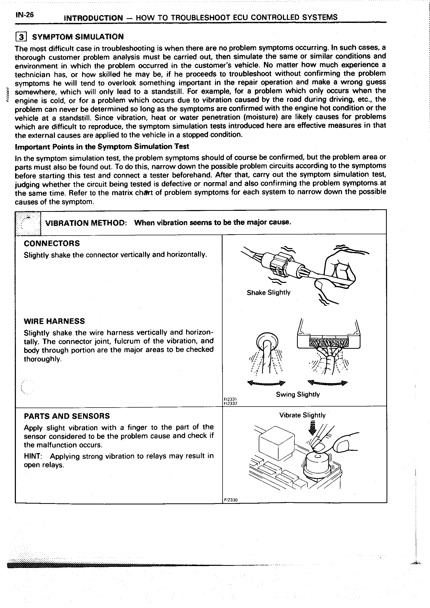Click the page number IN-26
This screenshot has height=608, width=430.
(24, 15)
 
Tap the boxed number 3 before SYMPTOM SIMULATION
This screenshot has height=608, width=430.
(21, 37)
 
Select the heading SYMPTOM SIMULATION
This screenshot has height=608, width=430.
(78, 36)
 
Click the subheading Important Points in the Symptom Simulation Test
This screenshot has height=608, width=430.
(102, 147)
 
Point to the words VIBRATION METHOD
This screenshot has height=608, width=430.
(86, 223)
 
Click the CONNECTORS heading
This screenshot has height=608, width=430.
(52, 243)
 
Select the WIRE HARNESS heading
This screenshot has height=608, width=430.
(54, 321)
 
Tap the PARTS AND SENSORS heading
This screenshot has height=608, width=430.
(67, 416)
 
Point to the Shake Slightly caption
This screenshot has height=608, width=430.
(268, 293)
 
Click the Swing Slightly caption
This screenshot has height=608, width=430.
(298, 394)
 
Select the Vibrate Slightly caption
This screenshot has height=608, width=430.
(302, 415)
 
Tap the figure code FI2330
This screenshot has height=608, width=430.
(231, 500)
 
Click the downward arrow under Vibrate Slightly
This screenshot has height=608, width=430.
(313, 428)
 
